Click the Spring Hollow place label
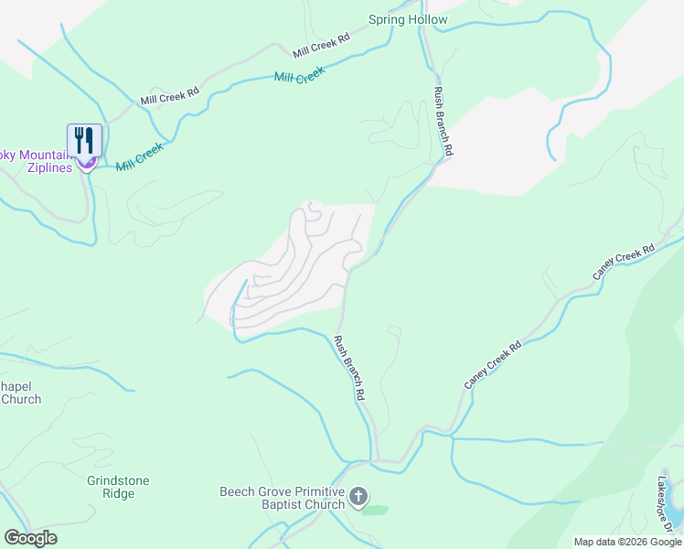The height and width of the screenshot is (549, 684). tap(408, 19)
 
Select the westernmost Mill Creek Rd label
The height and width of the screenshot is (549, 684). tap(169, 96)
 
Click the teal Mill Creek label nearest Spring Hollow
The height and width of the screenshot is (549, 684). tap(300, 74)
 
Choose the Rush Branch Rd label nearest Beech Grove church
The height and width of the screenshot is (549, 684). tap(350, 370)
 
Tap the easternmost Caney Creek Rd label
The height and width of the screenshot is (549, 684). tap(624, 262)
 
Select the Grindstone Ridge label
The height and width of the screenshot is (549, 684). tap(118, 487)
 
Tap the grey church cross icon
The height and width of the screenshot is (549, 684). tap(358, 498)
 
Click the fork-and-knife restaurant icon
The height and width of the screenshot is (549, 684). tap(84, 140)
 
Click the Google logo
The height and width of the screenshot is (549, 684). tap(30, 538)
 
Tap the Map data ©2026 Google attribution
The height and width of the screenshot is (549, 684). tap(627, 542)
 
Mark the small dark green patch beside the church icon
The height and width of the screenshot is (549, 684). tap(375, 510)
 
